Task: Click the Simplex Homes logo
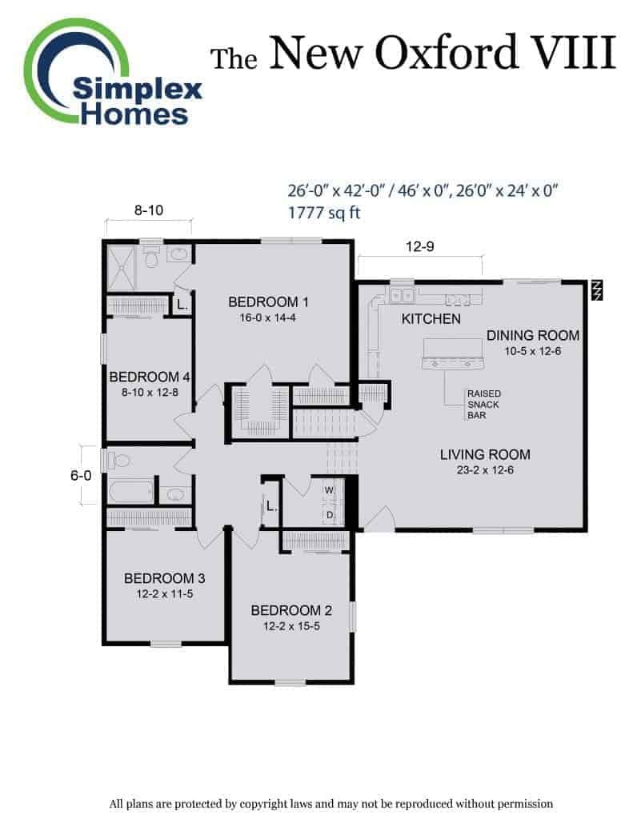pos(112,73)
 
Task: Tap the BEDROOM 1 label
pos(268,302)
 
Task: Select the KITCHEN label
pos(431,318)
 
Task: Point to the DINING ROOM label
pos(533,335)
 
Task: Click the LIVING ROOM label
pos(485,454)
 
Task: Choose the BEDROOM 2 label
pos(291,610)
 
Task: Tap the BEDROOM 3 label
pos(164,578)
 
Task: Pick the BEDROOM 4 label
pos(150,377)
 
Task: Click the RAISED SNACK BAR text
pos(484,404)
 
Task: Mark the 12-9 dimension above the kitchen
pos(420,246)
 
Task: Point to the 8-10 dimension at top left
pos(149,210)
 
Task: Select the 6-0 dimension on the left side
pos(81,475)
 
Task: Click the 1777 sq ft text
pos(324,213)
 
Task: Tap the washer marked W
pos(330,490)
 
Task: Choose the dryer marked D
pos(331,514)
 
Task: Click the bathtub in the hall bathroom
pos(131,491)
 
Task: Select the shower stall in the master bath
pos(122,267)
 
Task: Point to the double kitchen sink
pos(400,295)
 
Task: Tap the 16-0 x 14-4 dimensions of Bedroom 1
pos(267,318)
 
